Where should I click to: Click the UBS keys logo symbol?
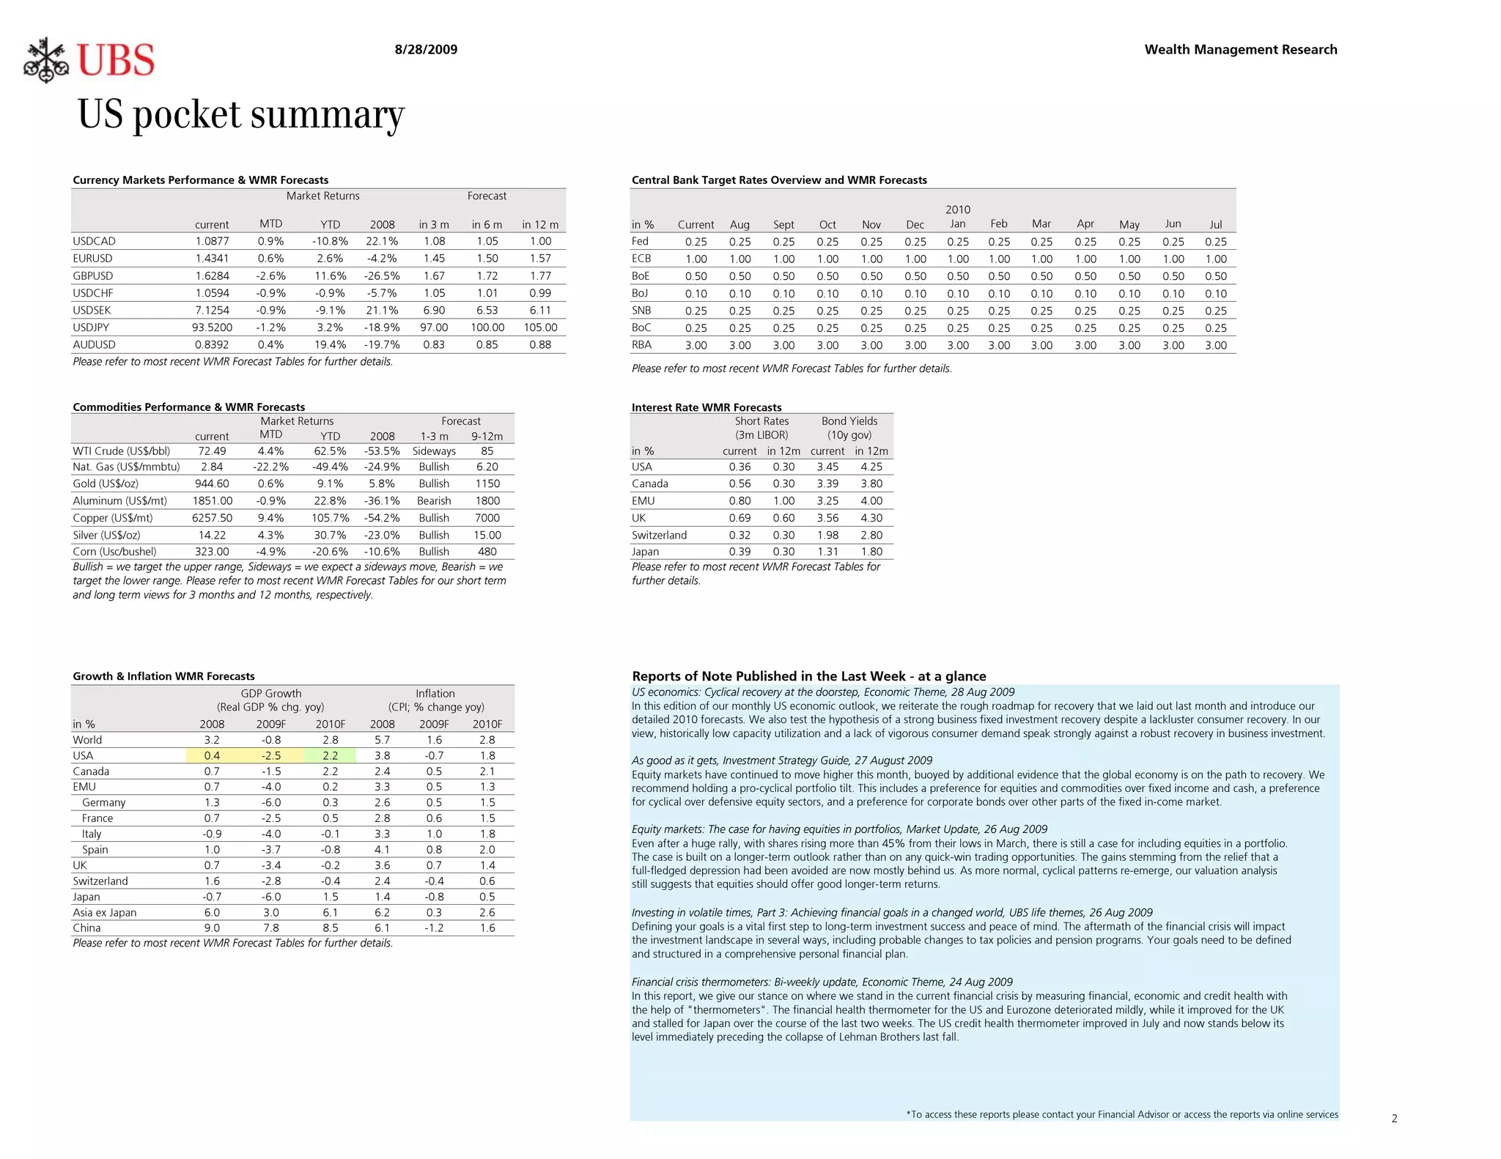[46, 60]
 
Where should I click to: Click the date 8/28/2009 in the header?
[426, 50]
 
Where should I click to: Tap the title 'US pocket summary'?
[240, 115]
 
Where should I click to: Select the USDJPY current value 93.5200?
[212, 327]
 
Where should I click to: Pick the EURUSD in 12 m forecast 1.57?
[540, 259]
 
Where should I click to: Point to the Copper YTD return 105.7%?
[330, 518]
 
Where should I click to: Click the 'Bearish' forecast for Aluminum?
[434, 501]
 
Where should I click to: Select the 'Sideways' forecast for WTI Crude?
[434, 451]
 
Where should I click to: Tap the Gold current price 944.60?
[212, 484]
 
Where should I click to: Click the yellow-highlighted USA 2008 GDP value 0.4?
[212, 756]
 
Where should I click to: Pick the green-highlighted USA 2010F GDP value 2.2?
[330, 756]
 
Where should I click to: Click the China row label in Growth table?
[86, 928]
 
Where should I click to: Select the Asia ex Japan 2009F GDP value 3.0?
[270, 913]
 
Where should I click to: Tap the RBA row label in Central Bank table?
[641, 345]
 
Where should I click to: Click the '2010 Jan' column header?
[957, 217]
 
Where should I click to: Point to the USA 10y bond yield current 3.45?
[827, 467]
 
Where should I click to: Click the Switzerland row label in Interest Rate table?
[659, 536]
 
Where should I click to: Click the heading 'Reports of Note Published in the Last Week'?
[808, 676]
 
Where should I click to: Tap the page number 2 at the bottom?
[1394, 1119]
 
